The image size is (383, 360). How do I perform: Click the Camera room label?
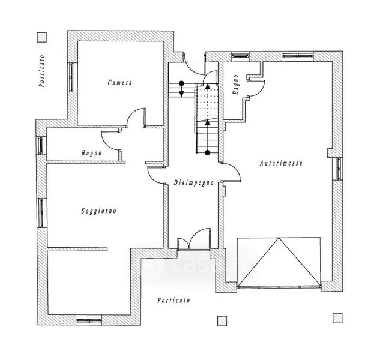(x=120, y=82)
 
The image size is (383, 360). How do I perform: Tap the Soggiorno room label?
(x=98, y=211)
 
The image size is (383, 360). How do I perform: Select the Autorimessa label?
(x=280, y=163)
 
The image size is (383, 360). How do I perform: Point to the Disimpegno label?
(x=193, y=182)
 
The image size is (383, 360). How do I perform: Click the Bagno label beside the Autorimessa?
(x=237, y=85)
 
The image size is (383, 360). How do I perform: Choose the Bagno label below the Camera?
(x=91, y=154)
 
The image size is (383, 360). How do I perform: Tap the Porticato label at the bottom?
(x=173, y=300)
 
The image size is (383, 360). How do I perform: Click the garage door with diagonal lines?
(x=278, y=263)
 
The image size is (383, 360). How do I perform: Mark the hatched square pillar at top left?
(x=41, y=37)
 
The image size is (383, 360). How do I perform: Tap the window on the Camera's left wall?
(x=71, y=76)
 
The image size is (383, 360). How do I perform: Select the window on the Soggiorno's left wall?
(x=41, y=212)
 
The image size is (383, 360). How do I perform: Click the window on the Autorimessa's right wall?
(x=339, y=170)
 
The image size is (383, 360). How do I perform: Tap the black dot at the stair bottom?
(x=208, y=153)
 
